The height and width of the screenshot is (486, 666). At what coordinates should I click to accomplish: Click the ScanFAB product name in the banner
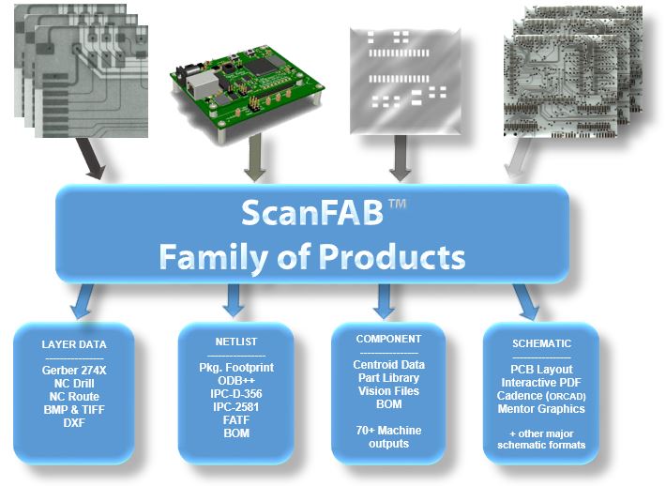(312, 212)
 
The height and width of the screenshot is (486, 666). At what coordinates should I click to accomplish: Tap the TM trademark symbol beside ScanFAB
(397, 204)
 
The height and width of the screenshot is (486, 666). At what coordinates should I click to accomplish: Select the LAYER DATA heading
(74, 344)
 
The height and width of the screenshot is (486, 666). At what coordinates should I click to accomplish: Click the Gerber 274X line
(74, 371)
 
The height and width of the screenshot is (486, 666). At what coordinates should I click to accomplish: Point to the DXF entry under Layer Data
(74, 423)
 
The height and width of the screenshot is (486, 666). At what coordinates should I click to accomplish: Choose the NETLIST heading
(236, 342)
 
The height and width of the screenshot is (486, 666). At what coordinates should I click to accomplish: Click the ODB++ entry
(236, 380)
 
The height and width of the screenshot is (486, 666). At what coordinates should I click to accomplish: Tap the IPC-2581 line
(236, 407)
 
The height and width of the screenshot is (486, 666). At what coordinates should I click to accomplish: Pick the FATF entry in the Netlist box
(236, 420)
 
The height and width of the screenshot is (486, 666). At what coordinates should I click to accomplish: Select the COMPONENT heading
(388, 339)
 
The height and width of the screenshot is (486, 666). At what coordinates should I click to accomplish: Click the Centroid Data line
(388, 364)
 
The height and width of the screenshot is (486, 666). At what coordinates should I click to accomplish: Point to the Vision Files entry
(388, 391)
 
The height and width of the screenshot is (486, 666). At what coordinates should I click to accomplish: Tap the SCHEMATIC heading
(541, 343)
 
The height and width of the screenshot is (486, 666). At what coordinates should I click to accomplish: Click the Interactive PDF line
(541, 383)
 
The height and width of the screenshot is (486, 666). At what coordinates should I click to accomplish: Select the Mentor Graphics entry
(541, 409)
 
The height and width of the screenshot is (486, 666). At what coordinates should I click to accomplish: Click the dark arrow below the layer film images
(90, 158)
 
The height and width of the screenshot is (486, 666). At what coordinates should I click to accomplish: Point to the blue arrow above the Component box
(385, 301)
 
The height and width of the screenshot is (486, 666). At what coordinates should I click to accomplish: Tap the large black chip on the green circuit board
(261, 67)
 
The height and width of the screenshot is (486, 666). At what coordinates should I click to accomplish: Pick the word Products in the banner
(391, 257)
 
